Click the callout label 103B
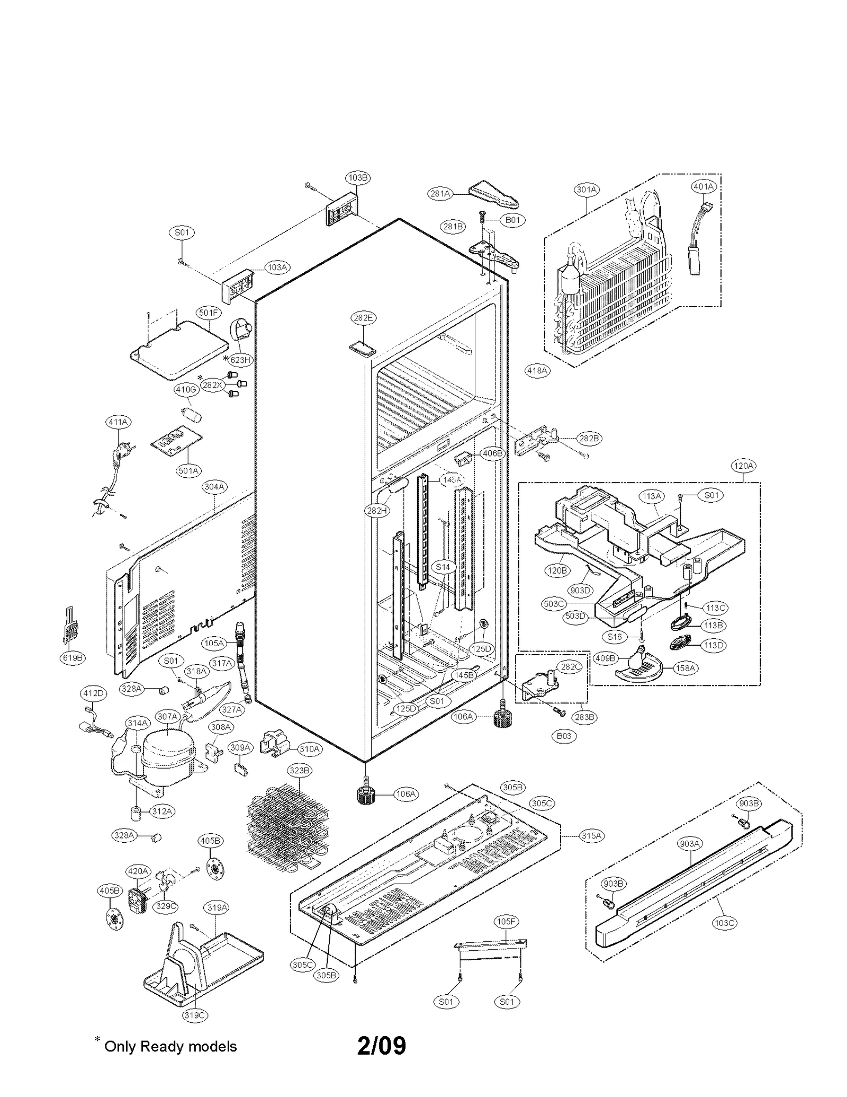tap(358, 178)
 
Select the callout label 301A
tap(587, 190)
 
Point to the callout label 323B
tap(300, 770)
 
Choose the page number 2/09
tap(381, 1046)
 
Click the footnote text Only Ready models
tap(170, 1047)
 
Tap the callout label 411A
tap(119, 422)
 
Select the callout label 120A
tap(743, 466)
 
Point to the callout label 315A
tap(591, 836)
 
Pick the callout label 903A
tap(690, 844)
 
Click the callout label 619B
tap(73, 658)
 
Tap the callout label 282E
tap(363, 318)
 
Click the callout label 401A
tap(704, 187)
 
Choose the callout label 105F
tap(506, 922)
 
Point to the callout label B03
tap(564, 736)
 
